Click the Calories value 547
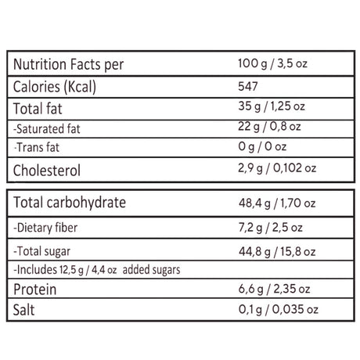pos(248,86)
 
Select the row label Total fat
pos(38,109)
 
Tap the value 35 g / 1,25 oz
pos(272,106)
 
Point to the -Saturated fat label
pos(47,129)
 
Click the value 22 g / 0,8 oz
pos(269,127)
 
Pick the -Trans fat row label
pos(37,147)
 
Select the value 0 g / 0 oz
pos(262,146)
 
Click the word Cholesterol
pos(47,171)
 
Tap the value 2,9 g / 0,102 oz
pos(277,168)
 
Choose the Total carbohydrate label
pos(70,203)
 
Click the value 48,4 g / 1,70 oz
pos(277,203)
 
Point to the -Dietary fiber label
pos(45,228)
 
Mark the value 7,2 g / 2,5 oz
pos(271,228)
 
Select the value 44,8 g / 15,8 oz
pos(277,252)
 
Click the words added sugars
pos(151,270)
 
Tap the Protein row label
pos(35,290)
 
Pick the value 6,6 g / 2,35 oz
pos(274,289)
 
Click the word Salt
pos(23,310)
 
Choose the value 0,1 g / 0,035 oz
pos(279,310)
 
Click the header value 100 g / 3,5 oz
pos(272,63)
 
